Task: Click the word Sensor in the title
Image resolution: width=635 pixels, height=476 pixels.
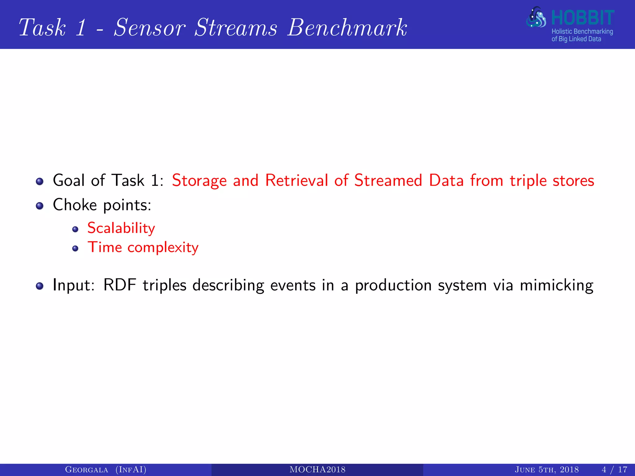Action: [150, 28]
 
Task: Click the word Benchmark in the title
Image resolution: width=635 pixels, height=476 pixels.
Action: [347, 28]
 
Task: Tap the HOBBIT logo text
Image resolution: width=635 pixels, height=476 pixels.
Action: [583, 18]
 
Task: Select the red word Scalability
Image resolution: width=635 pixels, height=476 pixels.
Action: [121, 229]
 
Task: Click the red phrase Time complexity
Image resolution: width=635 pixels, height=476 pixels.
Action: [143, 248]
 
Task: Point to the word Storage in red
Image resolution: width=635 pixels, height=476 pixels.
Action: [199, 181]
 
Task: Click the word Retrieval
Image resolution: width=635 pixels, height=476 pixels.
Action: [296, 180]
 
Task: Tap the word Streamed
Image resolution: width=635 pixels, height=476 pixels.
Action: [388, 180]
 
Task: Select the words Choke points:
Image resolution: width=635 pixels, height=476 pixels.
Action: [102, 205]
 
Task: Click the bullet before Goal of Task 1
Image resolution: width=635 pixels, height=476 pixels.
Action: [39, 181]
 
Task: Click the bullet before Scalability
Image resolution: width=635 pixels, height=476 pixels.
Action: [75, 229]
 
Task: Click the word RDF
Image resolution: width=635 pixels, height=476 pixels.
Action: [120, 285]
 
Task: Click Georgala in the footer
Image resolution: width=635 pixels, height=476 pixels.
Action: [87, 470]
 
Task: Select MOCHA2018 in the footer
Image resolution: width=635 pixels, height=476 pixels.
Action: [317, 470]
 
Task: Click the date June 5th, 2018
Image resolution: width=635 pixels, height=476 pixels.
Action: [547, 470]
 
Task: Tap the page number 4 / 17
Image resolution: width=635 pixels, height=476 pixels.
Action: [614, 470]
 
